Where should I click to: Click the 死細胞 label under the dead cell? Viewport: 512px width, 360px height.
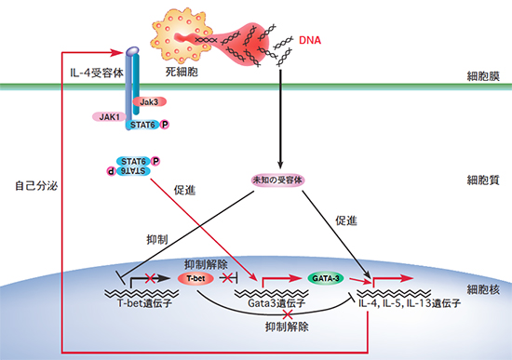pos(184,71)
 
